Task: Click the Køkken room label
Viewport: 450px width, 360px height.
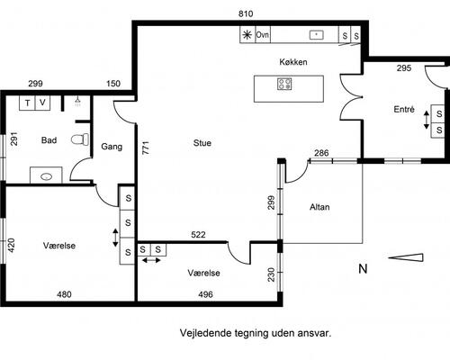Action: click(294, 62)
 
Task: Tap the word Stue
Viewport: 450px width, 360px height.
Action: click(202, 142)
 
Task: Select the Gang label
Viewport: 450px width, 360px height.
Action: click(112, 146)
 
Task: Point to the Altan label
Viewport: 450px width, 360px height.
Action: click(319, 207)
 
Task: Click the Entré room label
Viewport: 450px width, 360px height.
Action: click(404, 110)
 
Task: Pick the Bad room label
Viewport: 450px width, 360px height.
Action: click(49, 140)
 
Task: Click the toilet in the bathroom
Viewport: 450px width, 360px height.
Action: click(84, 139)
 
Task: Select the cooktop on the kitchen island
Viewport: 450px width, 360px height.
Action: click(285, 85)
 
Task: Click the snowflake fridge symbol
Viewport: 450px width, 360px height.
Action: click(247, 35)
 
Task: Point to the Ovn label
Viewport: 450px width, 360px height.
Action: click(263, 35)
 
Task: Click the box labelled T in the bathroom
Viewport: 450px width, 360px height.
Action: click(27, 103)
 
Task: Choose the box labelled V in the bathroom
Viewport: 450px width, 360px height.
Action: click(42, 103)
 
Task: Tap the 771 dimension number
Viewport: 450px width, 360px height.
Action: click(144, 148)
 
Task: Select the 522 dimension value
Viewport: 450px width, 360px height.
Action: click(199, 235)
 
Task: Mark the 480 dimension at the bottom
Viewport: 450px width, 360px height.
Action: click(65, 293)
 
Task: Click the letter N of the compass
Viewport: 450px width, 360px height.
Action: click(363, 268)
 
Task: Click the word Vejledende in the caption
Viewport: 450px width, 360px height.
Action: click(206, 332)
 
